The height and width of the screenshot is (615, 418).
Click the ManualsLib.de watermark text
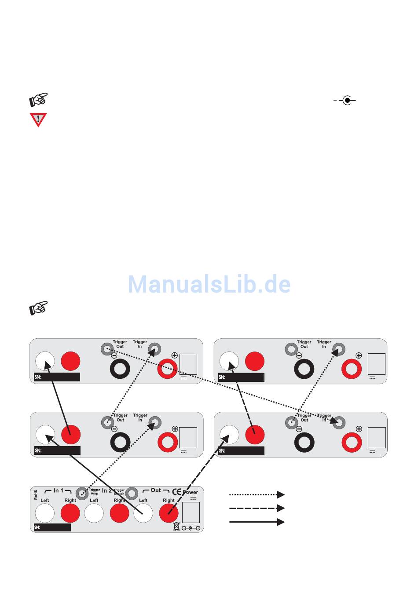coord(209,284)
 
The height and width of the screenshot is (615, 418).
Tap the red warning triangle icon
coord(38,119)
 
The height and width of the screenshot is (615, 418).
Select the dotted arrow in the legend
coord(257,494)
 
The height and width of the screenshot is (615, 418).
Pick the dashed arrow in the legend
coord(257,508)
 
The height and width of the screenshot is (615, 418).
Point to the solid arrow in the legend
coord(257,522)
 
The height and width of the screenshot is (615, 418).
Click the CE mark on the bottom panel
coord(176,491)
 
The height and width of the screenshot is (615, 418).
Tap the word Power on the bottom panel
coord(191,492)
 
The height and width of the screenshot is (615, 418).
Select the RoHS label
coord(36,495)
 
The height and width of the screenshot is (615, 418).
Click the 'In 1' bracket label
coord(59,491)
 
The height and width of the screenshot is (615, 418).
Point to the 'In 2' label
coord(107,491)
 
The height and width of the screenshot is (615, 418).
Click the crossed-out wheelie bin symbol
coord(176,526)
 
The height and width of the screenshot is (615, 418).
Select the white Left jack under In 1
coord(45,513)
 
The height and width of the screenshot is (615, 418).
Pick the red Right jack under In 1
coord(70,513)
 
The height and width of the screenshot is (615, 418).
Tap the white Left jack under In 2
coord(94,513)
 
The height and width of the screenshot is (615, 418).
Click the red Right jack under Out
coord(169,513)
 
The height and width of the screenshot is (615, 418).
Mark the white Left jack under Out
coord(143,513)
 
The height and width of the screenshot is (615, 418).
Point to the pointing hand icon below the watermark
coord(39,308)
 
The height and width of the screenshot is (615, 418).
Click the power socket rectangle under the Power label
coord(191,512)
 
